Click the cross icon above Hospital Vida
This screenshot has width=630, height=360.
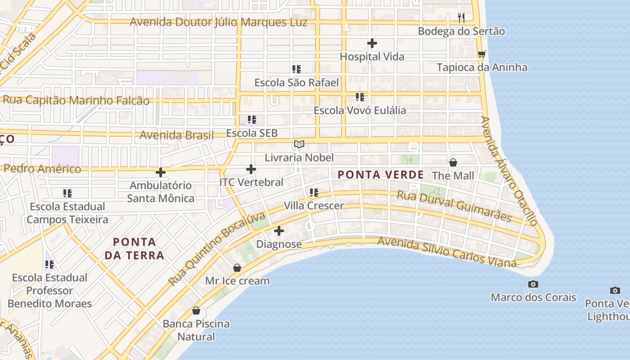coord(372,43)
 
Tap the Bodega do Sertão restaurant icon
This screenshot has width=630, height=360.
coord(461,18)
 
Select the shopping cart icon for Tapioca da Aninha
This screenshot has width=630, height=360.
coord(481,54)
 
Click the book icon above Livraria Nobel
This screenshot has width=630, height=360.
coord(299,144)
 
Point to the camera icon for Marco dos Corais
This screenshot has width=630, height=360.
coord(533,284)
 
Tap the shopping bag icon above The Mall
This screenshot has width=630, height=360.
coord(453,162)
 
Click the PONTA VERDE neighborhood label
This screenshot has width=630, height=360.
coord(381,175)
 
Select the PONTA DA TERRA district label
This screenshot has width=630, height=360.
coord(135,248)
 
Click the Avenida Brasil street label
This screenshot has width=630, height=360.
coord(176,135)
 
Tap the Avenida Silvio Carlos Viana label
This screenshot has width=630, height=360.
coord(446,252)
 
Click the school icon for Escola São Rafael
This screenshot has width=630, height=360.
coord(296,69)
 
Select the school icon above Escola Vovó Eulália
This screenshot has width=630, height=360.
coord(360,97)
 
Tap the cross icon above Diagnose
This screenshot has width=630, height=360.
coord(279,231)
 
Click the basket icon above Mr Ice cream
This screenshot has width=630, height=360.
coord(237,268)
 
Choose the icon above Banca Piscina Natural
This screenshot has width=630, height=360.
coord(196,310)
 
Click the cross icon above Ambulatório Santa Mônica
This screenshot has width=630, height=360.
coord(160,172)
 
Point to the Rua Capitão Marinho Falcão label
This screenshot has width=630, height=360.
coord(76,100)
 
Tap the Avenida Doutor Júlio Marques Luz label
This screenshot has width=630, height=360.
coord(219,22)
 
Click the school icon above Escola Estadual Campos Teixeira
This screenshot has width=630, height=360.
coord(67,193)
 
